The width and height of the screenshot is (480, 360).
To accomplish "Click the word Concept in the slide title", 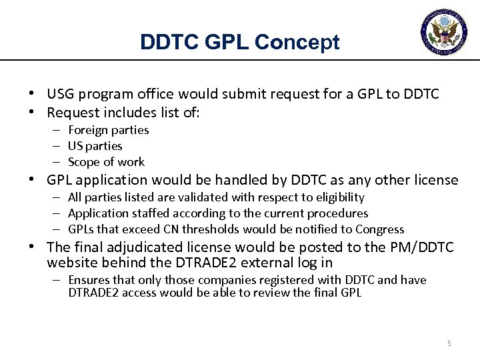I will tap(297, 43).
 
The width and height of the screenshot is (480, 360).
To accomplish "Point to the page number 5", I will tap(449, 343).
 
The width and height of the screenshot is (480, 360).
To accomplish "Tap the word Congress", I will tap(381, 229).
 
